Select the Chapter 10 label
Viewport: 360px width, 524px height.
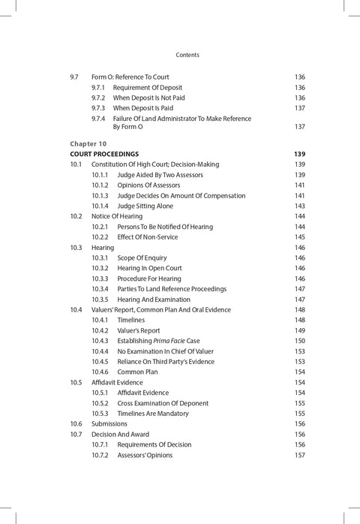pos(88,143)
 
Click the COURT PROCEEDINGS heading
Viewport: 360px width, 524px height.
pos(105,154)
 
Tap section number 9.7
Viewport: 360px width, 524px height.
pos(74,77)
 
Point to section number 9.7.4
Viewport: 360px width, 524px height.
pos(98,119)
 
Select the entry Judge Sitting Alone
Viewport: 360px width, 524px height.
pos(150,206)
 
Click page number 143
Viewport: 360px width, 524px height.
pos(299,206)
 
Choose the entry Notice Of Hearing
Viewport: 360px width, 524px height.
pos(116,216)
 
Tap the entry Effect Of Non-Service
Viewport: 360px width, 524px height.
pos(153,237)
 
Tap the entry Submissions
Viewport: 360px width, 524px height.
pos(109,423)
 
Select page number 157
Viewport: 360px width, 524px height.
pos(299,455)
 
